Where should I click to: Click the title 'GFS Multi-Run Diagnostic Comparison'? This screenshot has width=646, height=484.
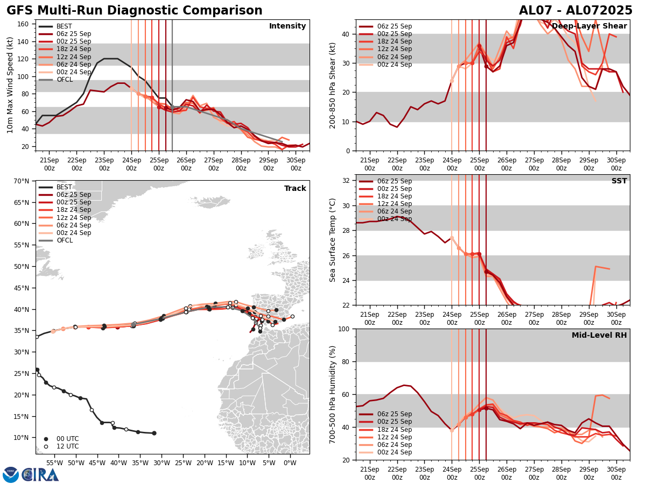[x=135, y=11]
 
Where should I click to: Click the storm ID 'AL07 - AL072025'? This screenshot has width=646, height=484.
[x=575, y=11]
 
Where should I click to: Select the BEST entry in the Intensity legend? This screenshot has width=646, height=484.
[x=64, y=26]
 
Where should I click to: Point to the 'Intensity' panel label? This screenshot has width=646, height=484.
[x=287, y=26]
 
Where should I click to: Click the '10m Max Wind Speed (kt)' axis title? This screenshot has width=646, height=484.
[x=10, y=85]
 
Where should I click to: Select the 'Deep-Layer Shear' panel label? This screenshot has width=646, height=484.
[x=589, y=26]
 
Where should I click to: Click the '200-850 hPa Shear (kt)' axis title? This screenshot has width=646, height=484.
[x=333, y=85]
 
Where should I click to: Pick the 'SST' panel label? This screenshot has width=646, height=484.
[x=619, y=181]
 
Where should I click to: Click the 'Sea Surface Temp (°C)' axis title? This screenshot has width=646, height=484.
[x=333, y=240]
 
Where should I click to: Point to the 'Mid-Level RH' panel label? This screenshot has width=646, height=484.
[x=599, y=336]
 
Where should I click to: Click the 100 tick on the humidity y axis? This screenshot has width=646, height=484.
[x=346, y=329]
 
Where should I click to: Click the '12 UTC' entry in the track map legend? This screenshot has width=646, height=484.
[x=67, y=446]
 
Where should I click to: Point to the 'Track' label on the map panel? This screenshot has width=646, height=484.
[x=295, y=189]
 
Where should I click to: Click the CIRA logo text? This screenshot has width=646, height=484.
[x=40, y=474]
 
